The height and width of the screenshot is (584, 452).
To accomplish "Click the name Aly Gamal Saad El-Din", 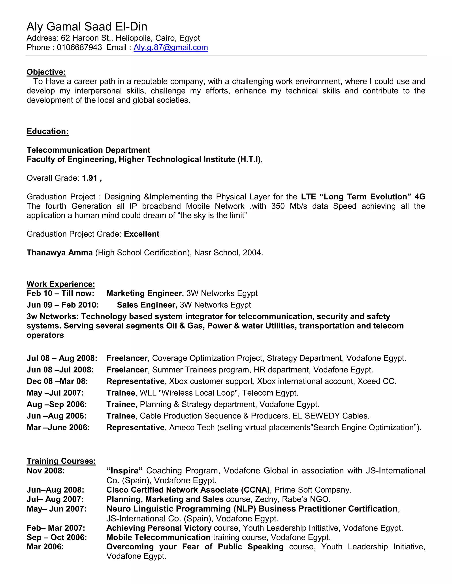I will click(x=87, y=26).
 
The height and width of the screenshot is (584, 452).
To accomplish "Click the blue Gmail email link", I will click(x=171, y=47).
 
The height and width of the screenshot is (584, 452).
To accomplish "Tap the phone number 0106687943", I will click(x=79, y=47).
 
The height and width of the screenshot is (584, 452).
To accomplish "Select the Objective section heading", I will click(x=46, y=72).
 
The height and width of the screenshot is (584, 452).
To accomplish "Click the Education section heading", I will click(x=47, y=131).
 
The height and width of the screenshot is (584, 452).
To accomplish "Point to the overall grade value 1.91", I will click(x=89, y=178).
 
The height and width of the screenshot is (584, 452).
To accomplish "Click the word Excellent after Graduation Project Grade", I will click(x=141, y=234).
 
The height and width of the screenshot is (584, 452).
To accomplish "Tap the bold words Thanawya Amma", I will click(x=59, y=253).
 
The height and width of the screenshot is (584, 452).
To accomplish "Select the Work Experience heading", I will click(x=61, y=284).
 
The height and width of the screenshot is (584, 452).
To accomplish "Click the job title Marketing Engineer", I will click(x=145, y=293).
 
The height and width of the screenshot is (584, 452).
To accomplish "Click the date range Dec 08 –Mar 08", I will click(x=57, y=381).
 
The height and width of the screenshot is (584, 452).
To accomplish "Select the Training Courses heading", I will click(x=61, y=461).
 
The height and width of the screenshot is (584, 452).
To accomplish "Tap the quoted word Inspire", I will click(x=124, y=471).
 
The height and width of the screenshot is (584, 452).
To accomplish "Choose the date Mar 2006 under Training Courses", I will click(x=45, y=547).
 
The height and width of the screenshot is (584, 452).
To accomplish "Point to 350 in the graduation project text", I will click(x=278, y=206).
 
